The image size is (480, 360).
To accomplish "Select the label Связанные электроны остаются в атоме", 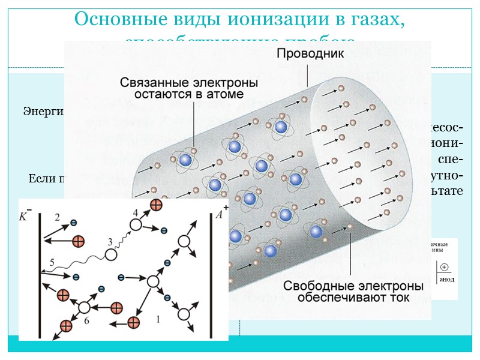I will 190,88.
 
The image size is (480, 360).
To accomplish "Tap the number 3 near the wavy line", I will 110,241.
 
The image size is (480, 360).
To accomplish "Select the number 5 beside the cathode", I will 52,262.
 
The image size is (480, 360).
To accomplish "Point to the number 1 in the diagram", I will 158,320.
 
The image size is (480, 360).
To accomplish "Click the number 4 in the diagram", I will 135,212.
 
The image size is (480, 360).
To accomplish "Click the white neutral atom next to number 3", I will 111,254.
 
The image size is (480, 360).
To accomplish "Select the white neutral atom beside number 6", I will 84,307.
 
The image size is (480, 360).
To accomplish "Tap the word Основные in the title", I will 112,20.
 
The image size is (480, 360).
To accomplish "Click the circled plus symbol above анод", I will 444,268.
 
